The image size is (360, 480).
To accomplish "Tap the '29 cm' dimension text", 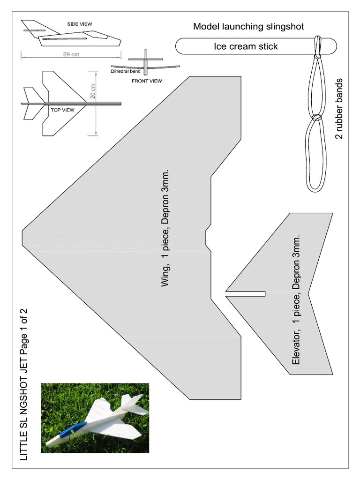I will pos(71,54).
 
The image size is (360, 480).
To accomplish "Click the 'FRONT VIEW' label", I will pos(147,81).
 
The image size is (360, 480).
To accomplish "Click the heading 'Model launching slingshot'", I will pos(248,26).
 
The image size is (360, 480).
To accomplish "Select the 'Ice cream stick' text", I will pos(246,46).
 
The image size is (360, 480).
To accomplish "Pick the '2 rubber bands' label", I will pos(338,109).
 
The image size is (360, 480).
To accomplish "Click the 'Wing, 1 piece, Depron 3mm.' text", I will pos(165,228).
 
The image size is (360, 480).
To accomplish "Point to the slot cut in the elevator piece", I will pos(246,294).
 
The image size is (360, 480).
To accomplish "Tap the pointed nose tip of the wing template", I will pos(23,230).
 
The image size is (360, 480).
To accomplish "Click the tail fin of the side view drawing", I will pos(33,26).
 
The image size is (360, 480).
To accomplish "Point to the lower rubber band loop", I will pos(315,155).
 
